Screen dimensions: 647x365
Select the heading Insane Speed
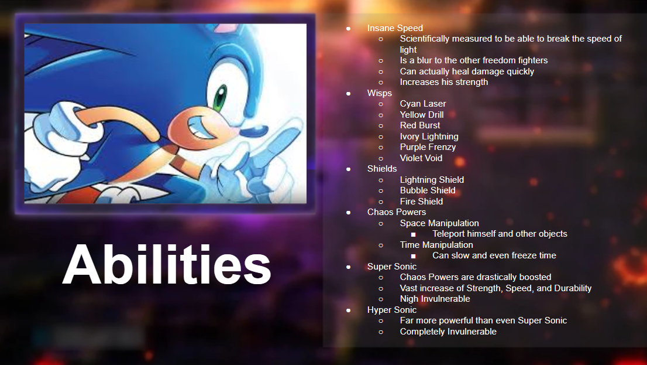(395, 28)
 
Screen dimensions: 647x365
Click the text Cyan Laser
(422, 104)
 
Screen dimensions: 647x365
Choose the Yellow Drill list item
(421, 114)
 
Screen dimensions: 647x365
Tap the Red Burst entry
(419, 125)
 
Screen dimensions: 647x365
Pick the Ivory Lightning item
(429, 137)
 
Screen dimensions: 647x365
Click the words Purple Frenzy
(428, 147)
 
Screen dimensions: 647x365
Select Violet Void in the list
(421, 158)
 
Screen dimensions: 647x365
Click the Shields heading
(381, 169)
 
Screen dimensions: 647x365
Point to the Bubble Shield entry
(428, 190)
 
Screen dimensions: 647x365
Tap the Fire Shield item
(421, 202)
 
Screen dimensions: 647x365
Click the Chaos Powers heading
(396, 212)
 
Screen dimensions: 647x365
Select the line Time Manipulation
(436, 245)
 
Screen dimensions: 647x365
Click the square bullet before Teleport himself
(413, 234)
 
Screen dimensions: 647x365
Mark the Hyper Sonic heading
(391, 309)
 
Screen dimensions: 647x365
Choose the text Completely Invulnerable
(448, 332)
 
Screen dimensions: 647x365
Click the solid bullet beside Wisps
(348, 93)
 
